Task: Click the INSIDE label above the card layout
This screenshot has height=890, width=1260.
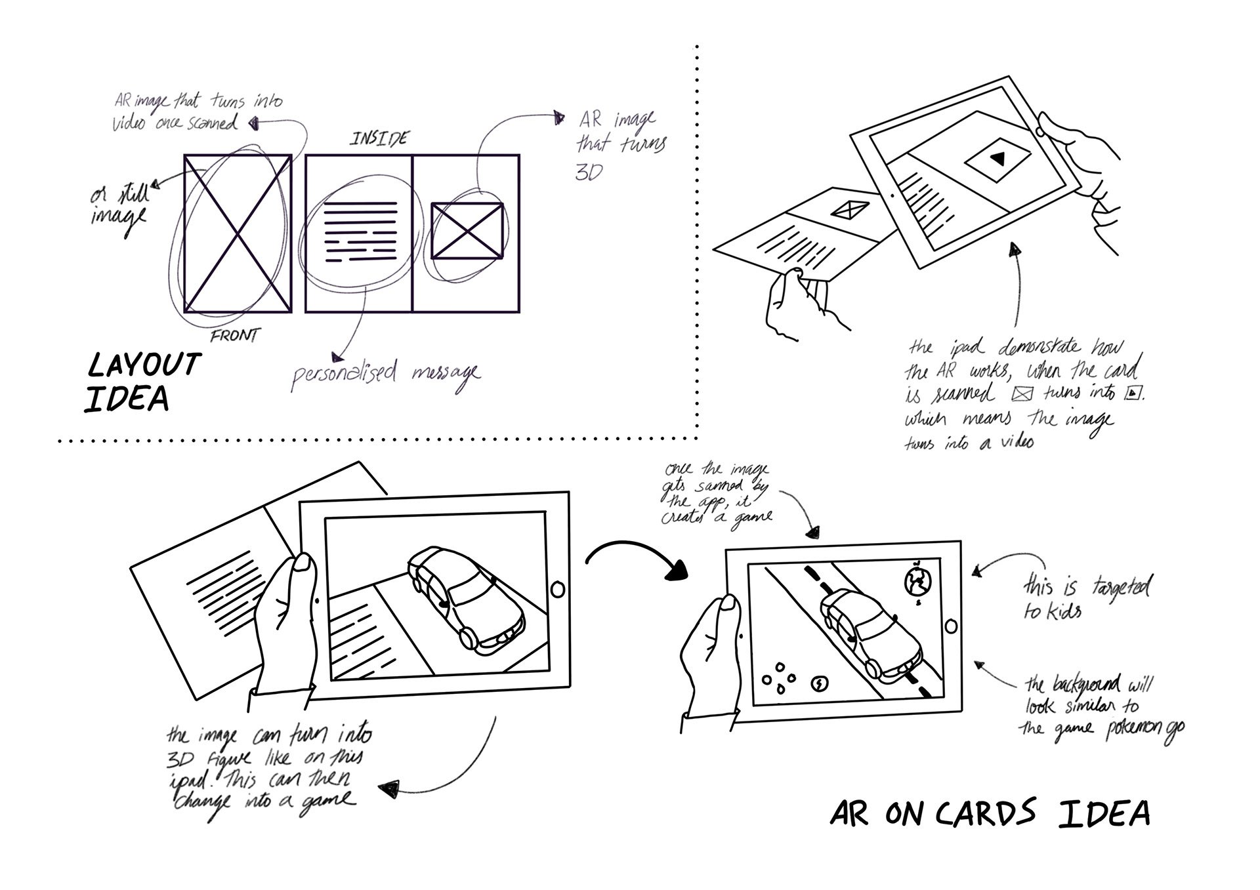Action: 379,138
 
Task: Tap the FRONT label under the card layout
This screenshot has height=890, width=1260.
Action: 234,336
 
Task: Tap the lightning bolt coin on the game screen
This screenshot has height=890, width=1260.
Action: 820,684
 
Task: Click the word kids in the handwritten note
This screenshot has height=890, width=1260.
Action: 1063,612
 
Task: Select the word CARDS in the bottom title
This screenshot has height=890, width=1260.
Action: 985,814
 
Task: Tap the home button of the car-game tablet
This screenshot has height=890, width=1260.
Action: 951,626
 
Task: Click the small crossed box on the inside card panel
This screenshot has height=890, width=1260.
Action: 467,230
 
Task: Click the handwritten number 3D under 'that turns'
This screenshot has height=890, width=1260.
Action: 589,172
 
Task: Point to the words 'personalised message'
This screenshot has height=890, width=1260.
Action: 385,374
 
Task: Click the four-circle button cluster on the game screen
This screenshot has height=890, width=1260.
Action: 779,678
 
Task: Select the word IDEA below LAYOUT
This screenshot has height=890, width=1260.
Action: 127,399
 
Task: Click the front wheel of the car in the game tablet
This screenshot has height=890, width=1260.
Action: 873,668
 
